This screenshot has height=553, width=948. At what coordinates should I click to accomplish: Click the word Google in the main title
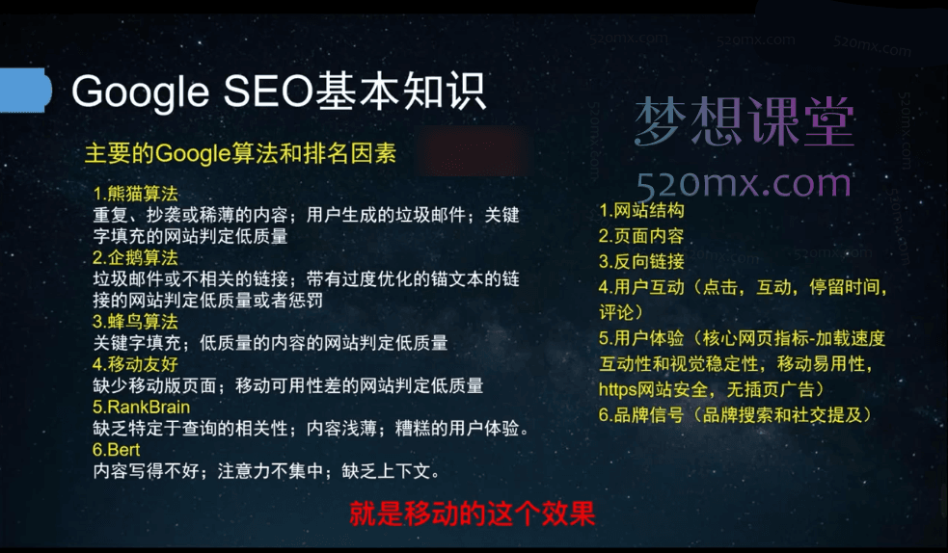pyautogui.click(x=139, y=92)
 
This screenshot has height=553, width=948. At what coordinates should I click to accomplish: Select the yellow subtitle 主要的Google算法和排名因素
pyautogui.click(x=240, y=153)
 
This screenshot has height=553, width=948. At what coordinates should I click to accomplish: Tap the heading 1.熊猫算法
pyautogui.click(x=136, y=194)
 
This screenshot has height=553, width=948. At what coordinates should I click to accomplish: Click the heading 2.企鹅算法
pyautogui.click(x=136, y=257)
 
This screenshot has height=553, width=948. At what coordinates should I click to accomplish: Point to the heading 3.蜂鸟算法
pyautogui.click(x=136, y=321)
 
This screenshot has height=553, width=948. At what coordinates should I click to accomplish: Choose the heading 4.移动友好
pyautogui.click(x=136, y=364)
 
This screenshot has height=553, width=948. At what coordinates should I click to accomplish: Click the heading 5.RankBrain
pyautogui.click(x=141, y=407)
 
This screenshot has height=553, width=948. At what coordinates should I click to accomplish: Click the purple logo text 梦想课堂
pyautogui.click(x=744, y=122)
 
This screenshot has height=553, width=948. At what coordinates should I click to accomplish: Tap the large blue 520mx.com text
pyautogui.click(x=744, y=180)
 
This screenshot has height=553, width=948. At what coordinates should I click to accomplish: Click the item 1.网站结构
pyautogui.click(x=641, y=210)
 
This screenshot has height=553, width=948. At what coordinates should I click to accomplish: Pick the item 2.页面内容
pyautogui.click(x=641, y=236)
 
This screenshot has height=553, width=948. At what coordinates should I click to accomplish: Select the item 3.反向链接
pyautogui.click(x=641, y=261)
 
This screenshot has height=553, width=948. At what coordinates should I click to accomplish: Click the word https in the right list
pyautogui.click(x=618, y=389)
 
